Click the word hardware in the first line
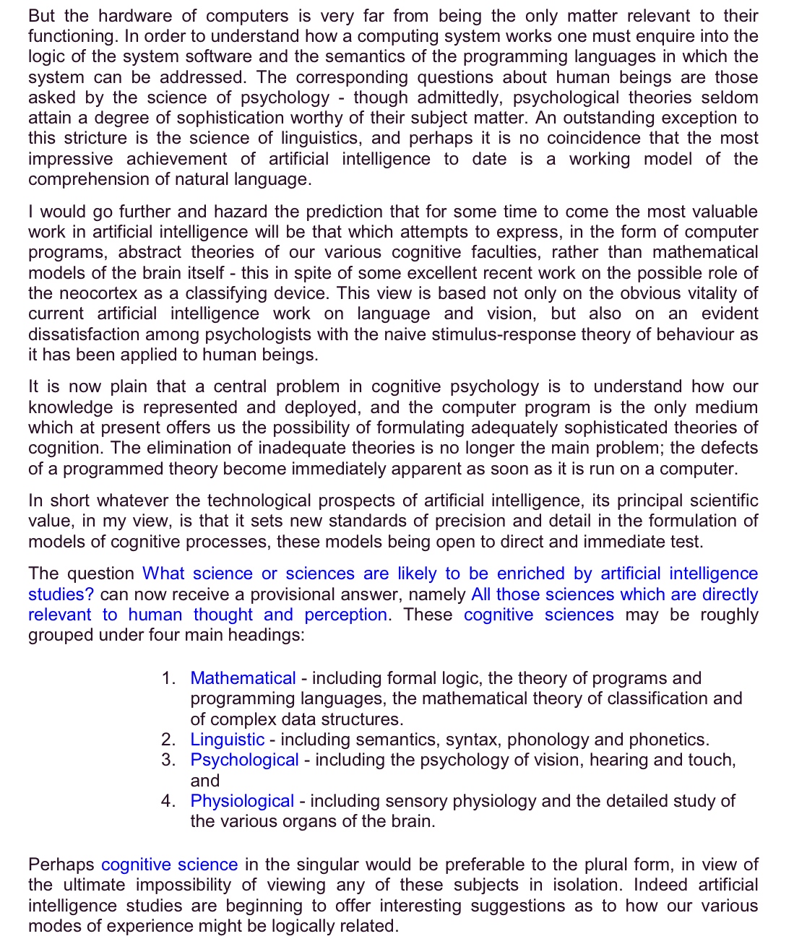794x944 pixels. coord(134,16)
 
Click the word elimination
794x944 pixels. coord(189,448)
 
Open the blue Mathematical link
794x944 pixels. coord(243,678)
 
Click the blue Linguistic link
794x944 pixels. coord(227,740)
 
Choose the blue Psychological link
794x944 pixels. coord(244,760)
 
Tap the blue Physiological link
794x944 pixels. coord(242,801)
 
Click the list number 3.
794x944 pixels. coord(168,760)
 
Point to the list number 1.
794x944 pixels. coord(168,678)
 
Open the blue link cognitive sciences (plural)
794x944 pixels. coord(538,615)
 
